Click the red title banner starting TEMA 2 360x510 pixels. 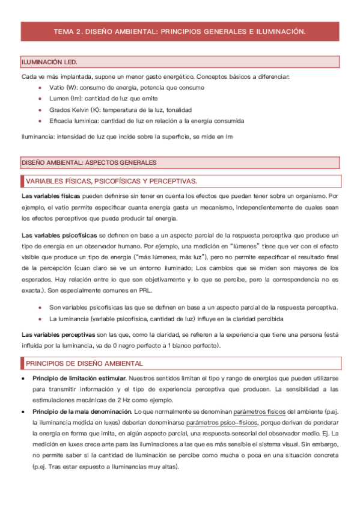180,30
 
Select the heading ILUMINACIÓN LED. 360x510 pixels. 49,63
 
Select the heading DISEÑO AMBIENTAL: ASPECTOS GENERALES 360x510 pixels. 89,162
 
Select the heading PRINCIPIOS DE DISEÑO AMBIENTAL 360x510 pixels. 84,364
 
